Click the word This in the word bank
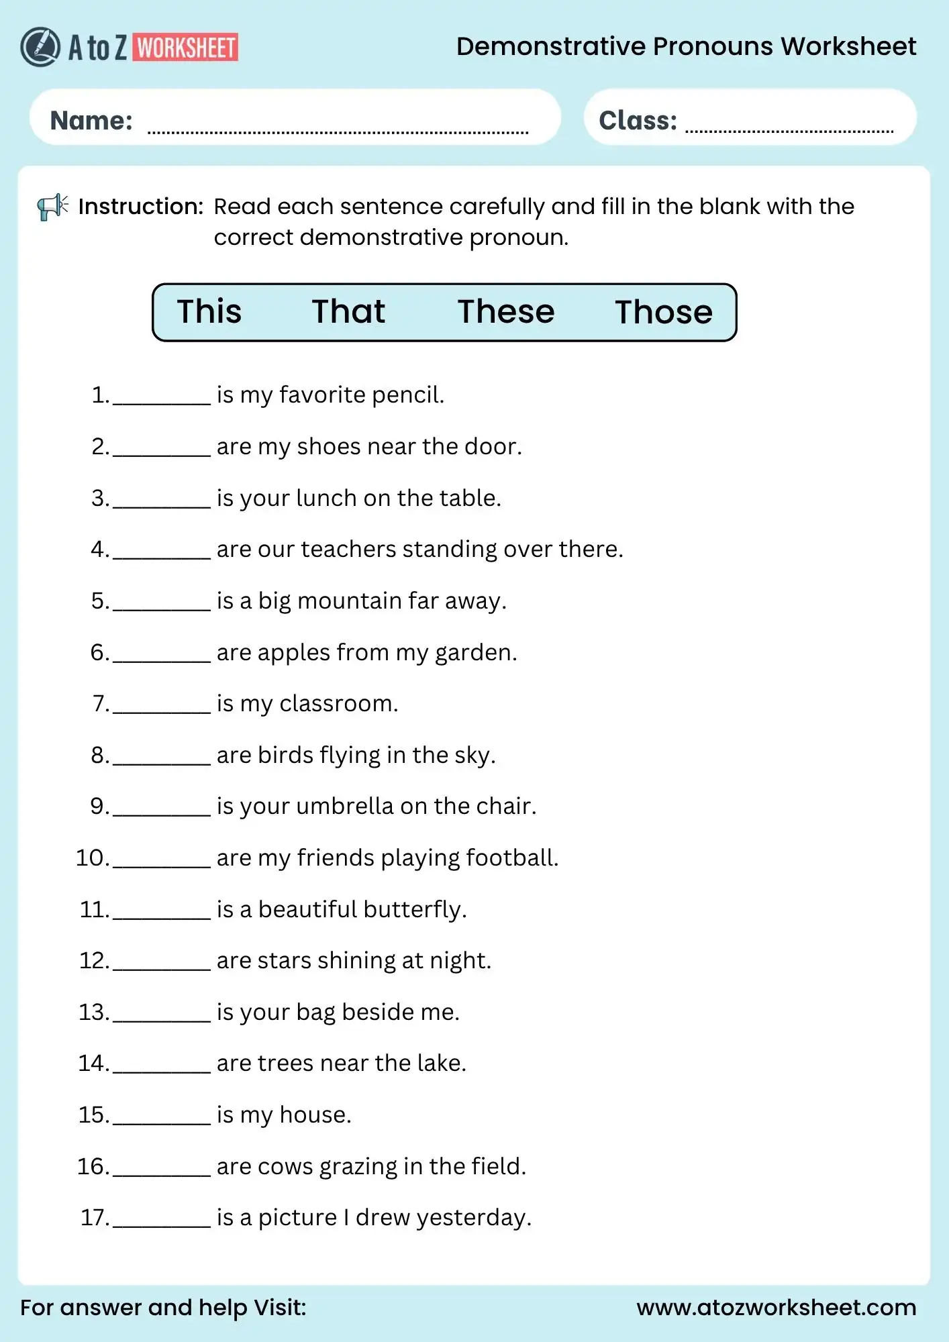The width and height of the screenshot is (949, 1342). click(209, 312)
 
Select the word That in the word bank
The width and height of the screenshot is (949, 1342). click(348, 312)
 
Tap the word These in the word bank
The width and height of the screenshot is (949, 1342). click(506, 312)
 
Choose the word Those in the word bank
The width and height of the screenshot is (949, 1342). click(664, 313)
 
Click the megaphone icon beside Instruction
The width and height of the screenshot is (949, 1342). click(52, 207)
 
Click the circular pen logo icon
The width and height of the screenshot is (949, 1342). click(40, 47)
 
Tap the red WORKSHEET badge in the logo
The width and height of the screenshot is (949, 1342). click(186, 48)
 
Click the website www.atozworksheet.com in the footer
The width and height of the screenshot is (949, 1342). click(776, 1307)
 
